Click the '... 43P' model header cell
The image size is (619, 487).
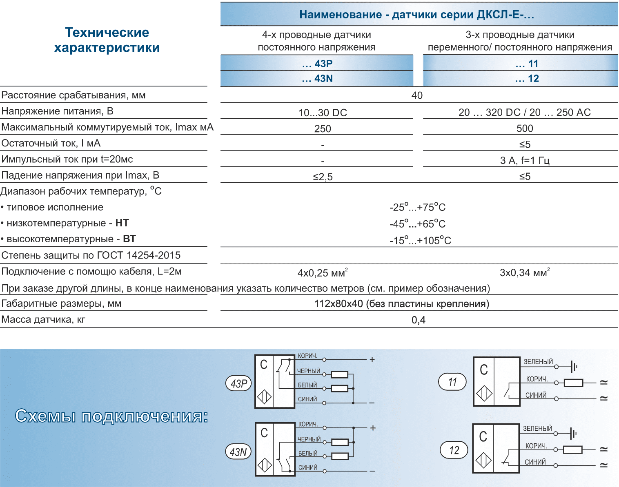(317, 64)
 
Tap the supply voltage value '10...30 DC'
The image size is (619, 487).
(323, 113)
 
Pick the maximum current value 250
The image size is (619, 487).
(323, 129)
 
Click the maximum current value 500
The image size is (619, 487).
(525, 128)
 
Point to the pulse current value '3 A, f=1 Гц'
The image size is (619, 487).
(525, 160)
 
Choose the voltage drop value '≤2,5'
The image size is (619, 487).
(323, 177)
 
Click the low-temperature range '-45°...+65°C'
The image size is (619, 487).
(417, 224)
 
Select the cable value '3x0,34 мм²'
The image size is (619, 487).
(525, 272)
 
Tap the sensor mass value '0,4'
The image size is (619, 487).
(419, 320)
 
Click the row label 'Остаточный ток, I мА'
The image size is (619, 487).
(51, 143)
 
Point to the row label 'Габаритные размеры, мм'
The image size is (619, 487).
(62, 303)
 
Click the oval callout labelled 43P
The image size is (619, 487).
(239, 383)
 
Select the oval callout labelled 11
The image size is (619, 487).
(452, 382)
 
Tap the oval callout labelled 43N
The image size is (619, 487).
(238, 452)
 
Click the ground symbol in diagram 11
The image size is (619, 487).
(574, 367)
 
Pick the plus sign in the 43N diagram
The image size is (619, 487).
(372, 428)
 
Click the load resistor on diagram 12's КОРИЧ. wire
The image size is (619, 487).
(572, 449)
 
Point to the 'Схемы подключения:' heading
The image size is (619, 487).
(111, 416)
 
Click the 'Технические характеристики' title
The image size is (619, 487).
(107, 40)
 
